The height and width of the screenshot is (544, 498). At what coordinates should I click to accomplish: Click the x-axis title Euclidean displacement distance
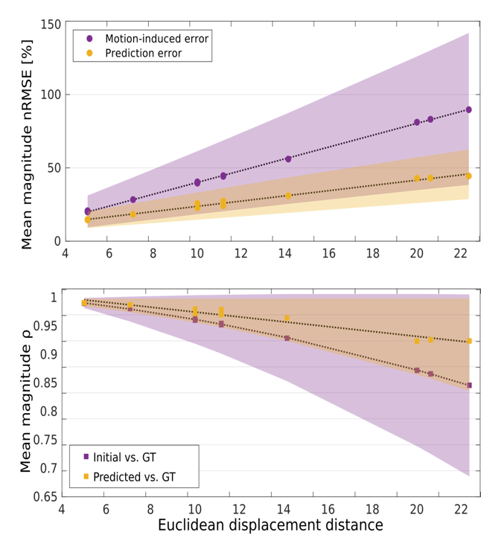271,525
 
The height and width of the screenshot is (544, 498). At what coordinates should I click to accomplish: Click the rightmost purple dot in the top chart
468,109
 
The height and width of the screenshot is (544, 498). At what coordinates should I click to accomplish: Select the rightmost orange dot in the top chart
468,176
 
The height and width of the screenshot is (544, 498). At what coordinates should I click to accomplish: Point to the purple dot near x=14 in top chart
288,159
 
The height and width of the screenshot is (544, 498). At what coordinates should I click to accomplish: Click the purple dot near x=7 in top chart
133,199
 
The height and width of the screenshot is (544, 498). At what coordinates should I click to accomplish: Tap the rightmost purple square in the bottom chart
469,385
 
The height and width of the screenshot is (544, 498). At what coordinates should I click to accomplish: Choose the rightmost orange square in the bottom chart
469,341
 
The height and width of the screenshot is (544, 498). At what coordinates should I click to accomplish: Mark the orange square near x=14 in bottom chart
287,318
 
